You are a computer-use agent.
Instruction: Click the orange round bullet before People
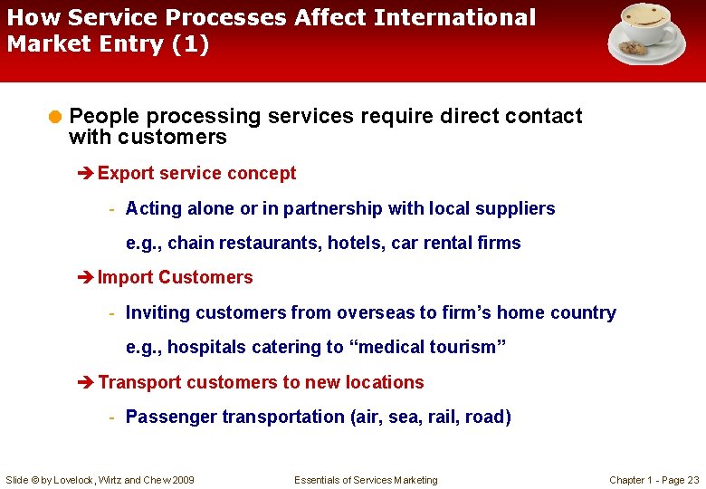point(56,116)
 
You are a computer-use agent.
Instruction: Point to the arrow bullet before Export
point(88,173)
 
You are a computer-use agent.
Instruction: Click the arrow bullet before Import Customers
point(88,277)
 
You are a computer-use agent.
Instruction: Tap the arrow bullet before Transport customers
point(88,382)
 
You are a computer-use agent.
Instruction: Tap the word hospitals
point(204,348)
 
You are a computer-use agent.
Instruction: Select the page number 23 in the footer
point(692,480)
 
